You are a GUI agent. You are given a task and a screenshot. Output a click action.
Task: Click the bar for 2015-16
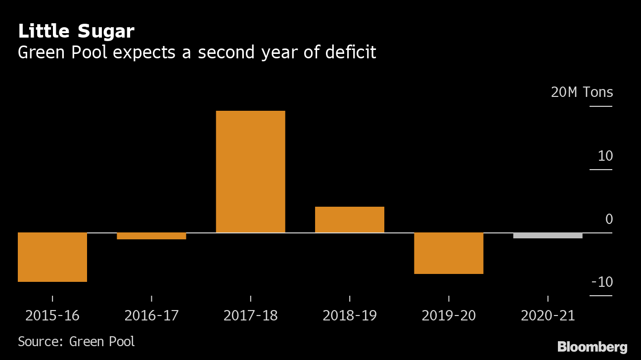[x=52, y=257]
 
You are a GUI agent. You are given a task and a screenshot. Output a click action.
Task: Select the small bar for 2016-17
[x=151, y=236]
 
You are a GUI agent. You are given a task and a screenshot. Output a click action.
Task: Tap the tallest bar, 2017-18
[x=250, y=172]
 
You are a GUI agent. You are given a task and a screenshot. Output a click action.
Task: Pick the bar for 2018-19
[x=349, y=220]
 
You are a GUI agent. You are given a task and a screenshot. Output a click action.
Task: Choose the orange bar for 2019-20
[x=448, y=253]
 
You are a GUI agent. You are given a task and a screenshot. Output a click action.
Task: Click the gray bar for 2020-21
[x=548, y=235]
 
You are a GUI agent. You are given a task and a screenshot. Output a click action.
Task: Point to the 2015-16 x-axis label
[x=52, y=315]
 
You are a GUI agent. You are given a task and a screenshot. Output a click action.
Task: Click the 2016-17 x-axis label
[x=151, y=315]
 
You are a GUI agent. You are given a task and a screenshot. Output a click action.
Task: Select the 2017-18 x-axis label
[x=250, y=315]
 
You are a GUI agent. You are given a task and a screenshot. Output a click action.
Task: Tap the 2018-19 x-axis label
[x=349, y=315]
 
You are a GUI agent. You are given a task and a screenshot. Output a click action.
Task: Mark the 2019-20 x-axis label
[x=448, y=315]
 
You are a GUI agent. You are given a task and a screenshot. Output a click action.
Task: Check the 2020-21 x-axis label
[x=548, y=315]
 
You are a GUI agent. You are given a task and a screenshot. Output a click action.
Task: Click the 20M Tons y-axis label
[x=582, y=92]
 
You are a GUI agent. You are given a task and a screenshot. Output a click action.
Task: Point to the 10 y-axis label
[x=605, y=156]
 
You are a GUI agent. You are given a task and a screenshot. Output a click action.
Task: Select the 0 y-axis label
[x=609, y=219]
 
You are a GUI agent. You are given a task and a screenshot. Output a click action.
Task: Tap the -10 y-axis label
[x=601, y=282]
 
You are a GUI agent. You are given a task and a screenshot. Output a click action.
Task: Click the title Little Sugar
[x=76, y=32]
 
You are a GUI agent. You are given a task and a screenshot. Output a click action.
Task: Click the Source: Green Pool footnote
[x=76, y=341]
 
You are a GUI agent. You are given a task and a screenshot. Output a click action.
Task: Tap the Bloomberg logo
[x=592, y=347]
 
